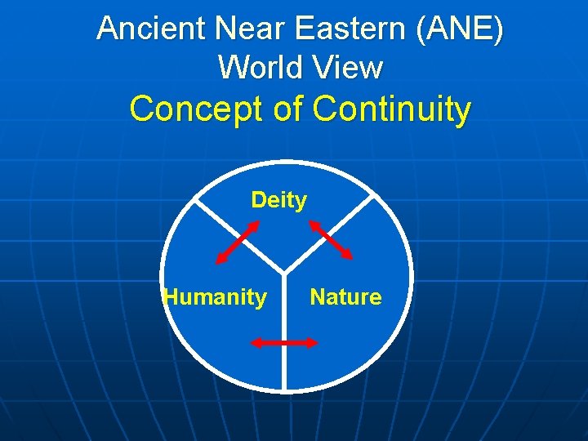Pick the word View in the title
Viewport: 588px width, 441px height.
click(350, 67)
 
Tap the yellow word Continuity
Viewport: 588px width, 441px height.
click(392, 109)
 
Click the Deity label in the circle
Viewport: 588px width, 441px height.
click(278, 200)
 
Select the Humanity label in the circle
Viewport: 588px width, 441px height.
click(216, 297)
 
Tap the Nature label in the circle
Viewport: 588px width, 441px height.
click(345, 297)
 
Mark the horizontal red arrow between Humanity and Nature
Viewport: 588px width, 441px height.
click(284, 344)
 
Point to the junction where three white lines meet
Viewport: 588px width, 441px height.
click(284, 272)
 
